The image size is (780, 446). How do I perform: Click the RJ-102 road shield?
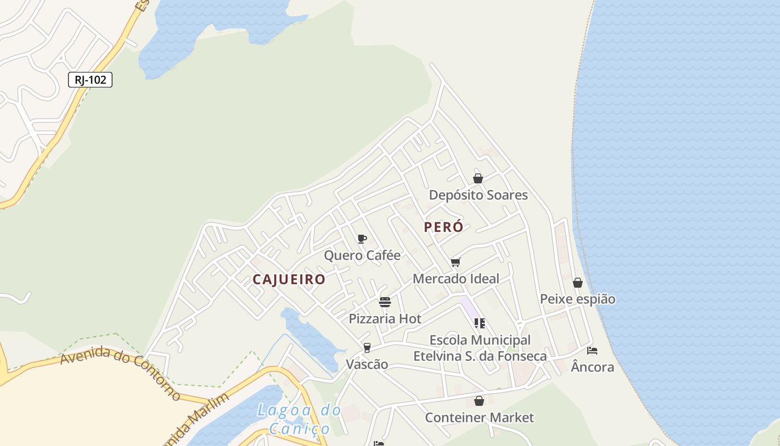coord(90,80)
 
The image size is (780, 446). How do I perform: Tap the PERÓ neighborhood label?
coord(443,227)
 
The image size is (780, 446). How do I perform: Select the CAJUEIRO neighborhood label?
coord(289,279)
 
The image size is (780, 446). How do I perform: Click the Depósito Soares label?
coord(478,195)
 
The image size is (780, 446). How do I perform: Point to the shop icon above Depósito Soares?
coord(478,178)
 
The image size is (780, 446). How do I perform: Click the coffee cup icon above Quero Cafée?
coord(362,239)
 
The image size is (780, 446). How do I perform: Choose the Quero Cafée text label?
coord(362,255)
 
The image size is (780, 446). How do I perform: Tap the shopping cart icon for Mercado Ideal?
coord(456,262)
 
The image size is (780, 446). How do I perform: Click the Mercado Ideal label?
coord(456,279)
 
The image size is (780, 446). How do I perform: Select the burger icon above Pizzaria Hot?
coord(385,302)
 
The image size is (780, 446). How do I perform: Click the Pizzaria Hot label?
coord(385,319)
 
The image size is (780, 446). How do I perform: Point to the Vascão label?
coord(367,365)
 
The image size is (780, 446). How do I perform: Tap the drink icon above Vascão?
coord(367,348)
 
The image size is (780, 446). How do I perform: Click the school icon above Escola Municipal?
coord(480,323)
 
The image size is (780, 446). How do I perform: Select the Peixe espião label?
coord(578,299)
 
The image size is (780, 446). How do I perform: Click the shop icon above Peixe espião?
coord(578,283)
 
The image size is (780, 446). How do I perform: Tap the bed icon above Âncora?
coord(592,351)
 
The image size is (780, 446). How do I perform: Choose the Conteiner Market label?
coord(479,418)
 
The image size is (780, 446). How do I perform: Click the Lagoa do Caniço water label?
coord(300,419)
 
